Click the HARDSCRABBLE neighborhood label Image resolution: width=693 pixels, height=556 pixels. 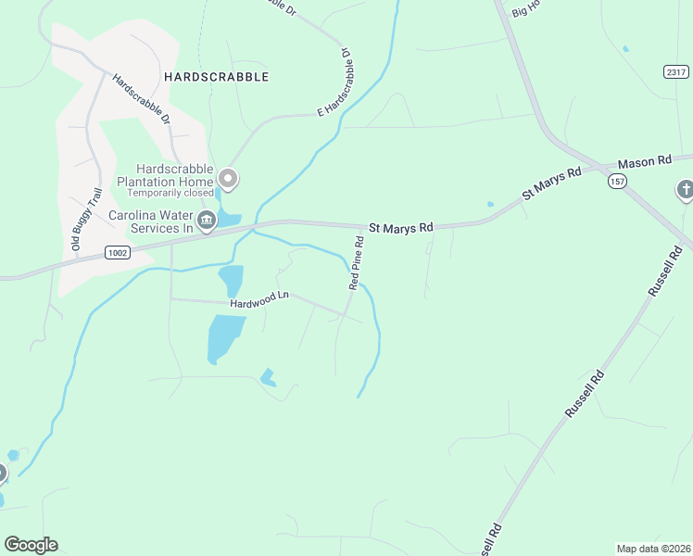pos(216,77)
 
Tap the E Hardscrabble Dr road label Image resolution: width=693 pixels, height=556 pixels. pos(336,82)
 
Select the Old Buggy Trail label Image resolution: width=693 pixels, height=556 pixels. pos(84,220)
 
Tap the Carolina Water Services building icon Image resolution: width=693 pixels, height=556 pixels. pos(207,221)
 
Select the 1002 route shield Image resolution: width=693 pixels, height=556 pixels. pos(117,252)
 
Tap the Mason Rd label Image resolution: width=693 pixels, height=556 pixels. pos(644,161)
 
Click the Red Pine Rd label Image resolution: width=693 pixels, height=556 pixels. pos(355,263)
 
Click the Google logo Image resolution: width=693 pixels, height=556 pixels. pos(31,545)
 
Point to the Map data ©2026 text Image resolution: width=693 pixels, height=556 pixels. pos(653,548)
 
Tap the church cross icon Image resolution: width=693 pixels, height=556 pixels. pos(685,189)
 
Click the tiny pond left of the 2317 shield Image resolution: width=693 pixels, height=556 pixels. pos(625,48)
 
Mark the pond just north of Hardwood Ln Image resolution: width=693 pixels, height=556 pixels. pos(231,279)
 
